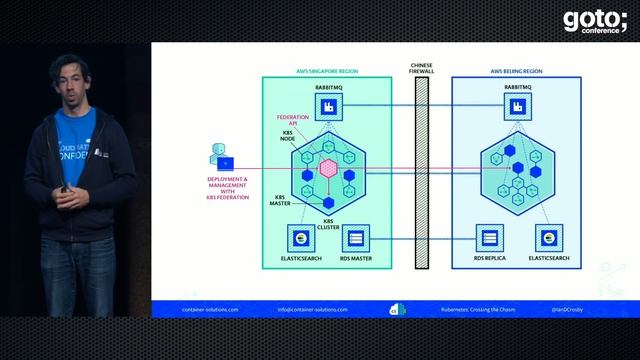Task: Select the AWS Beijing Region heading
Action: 517,72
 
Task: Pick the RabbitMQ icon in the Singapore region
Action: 327,106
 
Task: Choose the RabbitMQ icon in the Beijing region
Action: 517,106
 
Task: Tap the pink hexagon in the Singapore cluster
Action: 327,168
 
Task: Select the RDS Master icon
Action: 356,237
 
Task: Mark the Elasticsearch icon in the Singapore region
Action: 298,237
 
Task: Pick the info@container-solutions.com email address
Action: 313,310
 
